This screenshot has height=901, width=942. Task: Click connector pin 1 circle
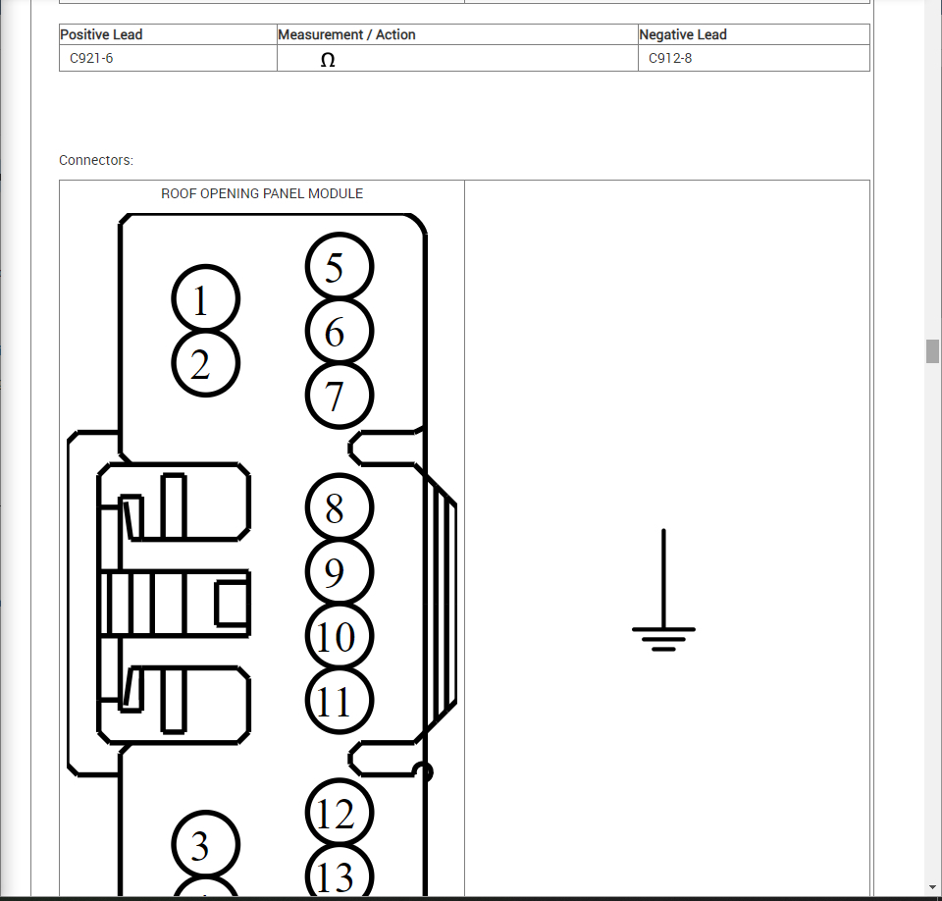click(205, 299)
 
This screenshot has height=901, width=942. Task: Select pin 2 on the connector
click(205, 363)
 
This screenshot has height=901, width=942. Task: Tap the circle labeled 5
click(340, 267)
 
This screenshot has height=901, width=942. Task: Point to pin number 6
click(340, 332)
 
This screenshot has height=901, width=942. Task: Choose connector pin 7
click(340, 396)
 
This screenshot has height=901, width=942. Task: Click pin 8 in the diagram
click(340, 508)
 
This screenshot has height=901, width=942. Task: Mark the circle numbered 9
click(340, 572)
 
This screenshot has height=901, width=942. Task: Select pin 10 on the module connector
click(340, 636)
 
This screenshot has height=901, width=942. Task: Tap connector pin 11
click(340, 701)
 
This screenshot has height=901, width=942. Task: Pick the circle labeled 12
click(340, 814)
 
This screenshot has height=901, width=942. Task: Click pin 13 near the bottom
click(340, 874)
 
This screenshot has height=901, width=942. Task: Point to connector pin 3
click(205, 845)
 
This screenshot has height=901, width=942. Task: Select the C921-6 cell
click(91, 58)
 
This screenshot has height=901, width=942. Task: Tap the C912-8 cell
click(670, 58)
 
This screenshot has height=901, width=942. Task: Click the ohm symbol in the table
click(328, 60)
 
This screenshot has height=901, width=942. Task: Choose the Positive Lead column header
click(101, 34)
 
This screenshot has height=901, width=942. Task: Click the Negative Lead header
click(683, 34)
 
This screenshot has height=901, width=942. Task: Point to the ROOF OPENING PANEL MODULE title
click(262, 193)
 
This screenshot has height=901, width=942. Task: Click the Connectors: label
click(96, 160)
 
